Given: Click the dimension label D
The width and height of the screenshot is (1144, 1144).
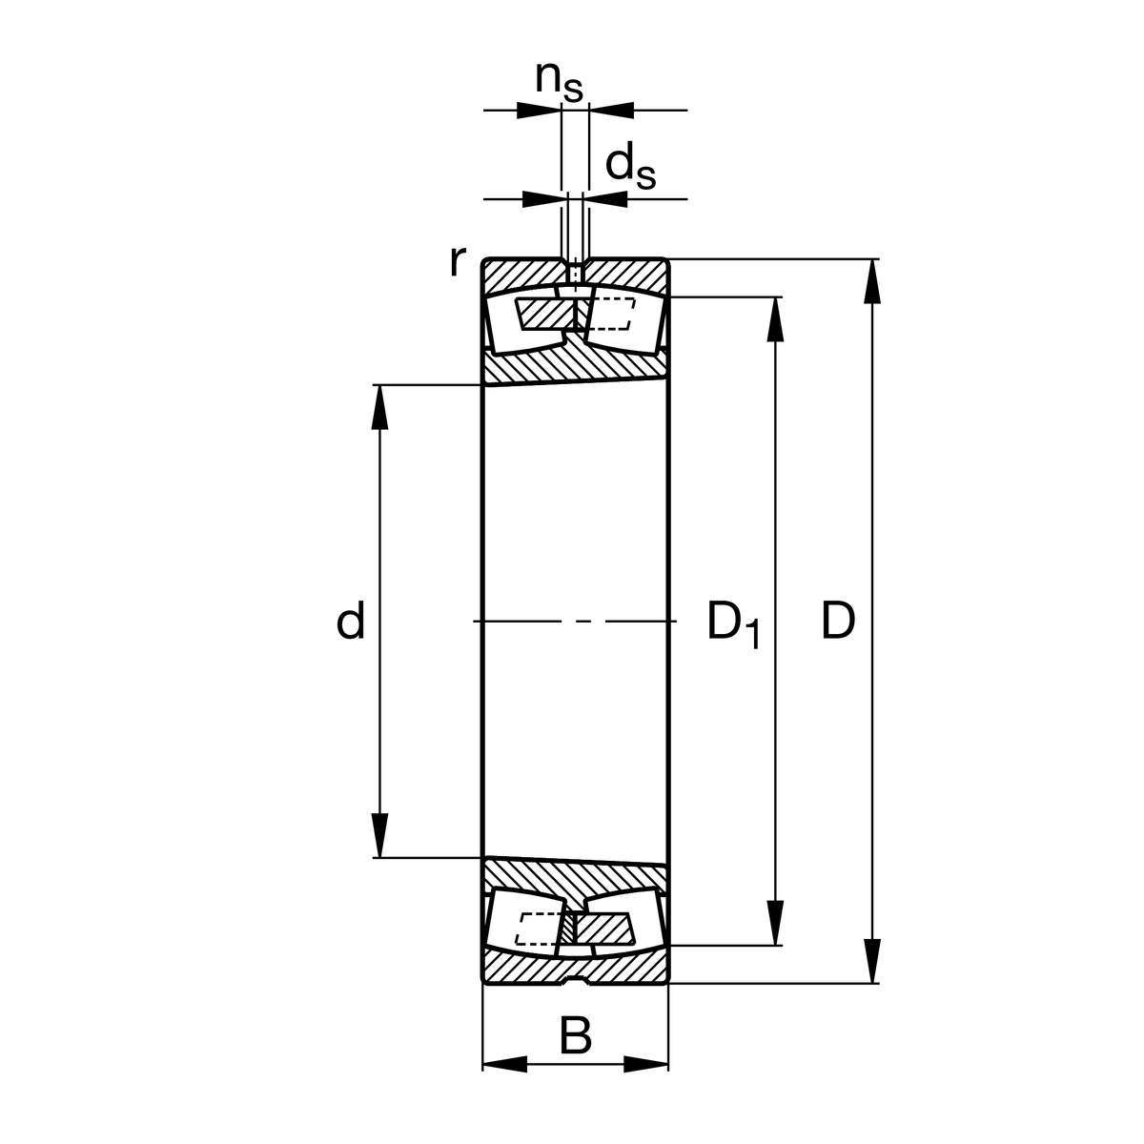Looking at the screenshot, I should [838, 622].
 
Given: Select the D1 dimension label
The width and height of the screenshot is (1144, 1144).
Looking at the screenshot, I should [732, 624].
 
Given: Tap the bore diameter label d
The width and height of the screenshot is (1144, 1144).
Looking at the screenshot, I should [351, 623].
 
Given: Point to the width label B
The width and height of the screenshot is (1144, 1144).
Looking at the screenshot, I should [575, 1036].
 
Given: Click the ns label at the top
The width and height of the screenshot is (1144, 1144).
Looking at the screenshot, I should [558, 80].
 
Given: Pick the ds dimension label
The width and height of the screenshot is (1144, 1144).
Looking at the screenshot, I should [631, 166].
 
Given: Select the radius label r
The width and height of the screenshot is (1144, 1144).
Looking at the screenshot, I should [458, 260].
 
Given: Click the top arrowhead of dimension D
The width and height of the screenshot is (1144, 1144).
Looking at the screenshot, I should [871, 281].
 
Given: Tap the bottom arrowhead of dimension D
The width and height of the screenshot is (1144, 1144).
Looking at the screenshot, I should [871, 960].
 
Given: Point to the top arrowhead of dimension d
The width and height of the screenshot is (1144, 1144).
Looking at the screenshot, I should [380, 407].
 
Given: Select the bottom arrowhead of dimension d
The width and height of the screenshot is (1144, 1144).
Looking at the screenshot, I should [380, 835].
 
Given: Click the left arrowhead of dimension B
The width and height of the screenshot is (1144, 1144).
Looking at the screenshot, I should [505, 1064].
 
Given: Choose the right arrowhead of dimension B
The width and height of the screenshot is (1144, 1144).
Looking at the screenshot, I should [645, 1064].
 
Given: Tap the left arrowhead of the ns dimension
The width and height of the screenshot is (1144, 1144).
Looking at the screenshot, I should [538, 111].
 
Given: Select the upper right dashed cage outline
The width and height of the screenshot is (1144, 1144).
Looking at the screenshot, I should [610, 314].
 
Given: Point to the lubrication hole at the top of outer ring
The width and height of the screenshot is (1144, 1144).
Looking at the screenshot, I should [575, 272].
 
